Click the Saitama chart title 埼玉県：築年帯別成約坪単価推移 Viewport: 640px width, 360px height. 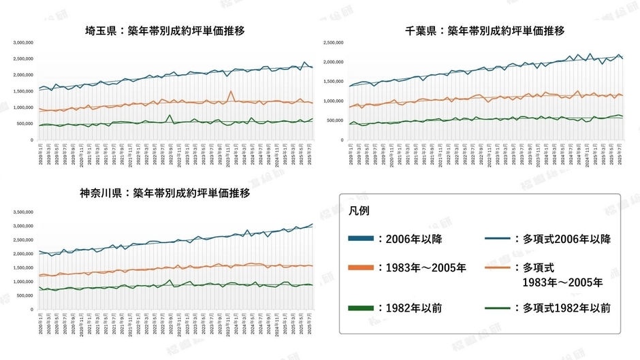click(165, 31)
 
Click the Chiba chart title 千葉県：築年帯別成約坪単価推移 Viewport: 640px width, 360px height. click(485, 31)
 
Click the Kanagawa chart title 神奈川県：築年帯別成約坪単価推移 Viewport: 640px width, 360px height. click(165, 193)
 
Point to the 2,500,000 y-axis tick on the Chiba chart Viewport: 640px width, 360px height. click(342, 42)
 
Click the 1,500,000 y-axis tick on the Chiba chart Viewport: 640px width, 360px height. click(342, 82)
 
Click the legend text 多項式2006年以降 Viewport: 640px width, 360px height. click(566, 239)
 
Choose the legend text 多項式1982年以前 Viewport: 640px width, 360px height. click(566, 308)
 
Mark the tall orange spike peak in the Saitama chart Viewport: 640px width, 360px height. click(231, 91)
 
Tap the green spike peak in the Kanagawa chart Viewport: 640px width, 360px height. click(170, 280)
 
